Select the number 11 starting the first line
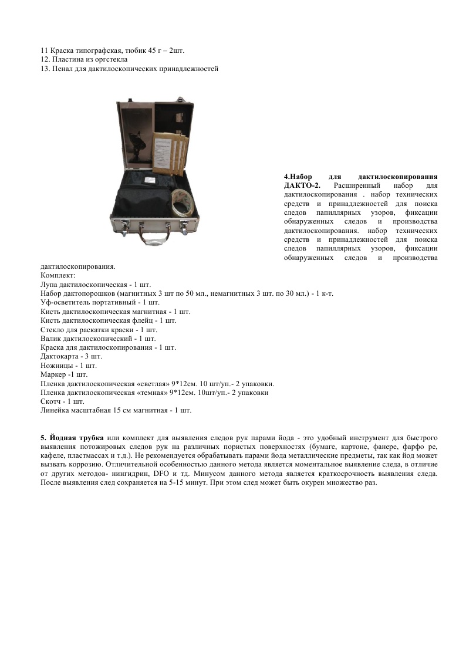click(45, 50)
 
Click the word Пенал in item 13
click(63, 69)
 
